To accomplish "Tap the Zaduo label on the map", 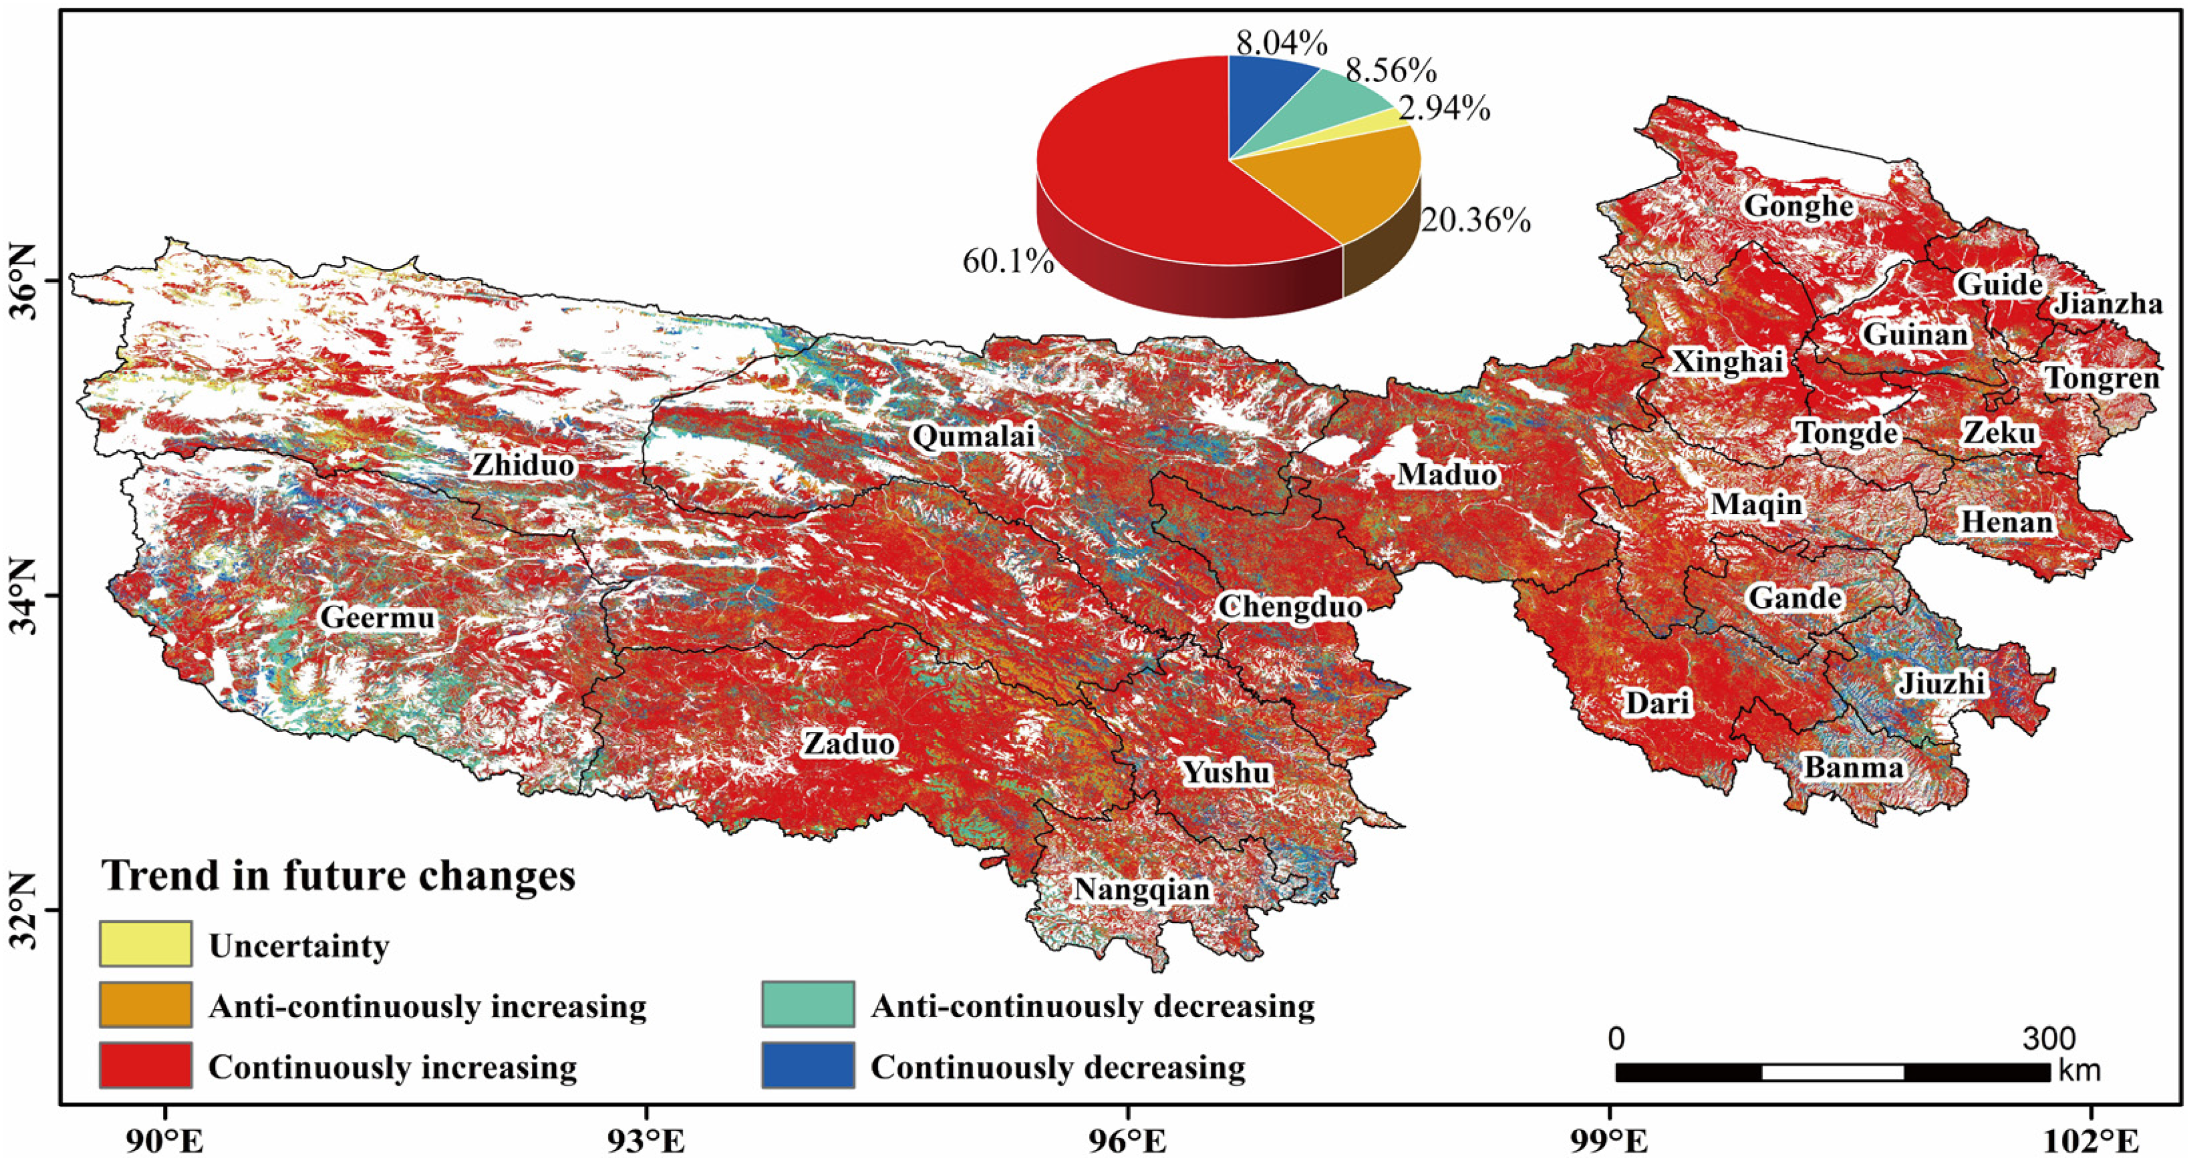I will [850, 744].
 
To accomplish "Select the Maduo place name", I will [1447, 474].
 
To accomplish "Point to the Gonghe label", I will [1798, 206].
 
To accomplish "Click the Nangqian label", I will [1142, 890].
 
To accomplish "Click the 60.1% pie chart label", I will [1008, 262].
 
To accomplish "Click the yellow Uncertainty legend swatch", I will [145, 944].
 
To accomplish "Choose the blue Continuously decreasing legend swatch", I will [807, 1065].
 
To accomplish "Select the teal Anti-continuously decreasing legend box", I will [807, 1005].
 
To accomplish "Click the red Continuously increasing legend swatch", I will [145, 1065].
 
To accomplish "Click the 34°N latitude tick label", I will [25, 597].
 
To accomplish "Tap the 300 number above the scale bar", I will [2048, 1038].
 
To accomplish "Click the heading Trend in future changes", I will [339, 876].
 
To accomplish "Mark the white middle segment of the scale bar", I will [1833, 1072].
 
